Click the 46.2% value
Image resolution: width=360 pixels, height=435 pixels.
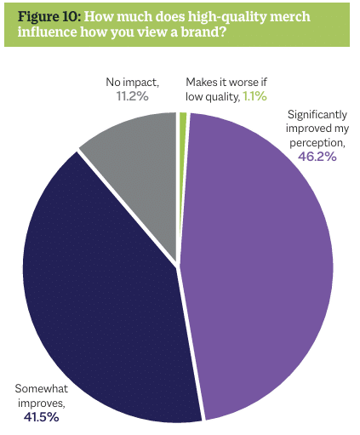pyautogui.click(x=317, y=157)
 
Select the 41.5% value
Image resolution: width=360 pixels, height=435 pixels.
pyautogui.click(x=42, y=417)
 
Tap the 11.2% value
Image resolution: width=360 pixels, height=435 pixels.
pyautogui.click(x=132, y=96)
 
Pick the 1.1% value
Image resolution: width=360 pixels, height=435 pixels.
pyautogui.click(x=255, y=96)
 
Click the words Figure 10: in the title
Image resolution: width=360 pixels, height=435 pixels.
pyautogui.click(x=49, y=17)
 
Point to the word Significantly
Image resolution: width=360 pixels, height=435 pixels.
pyautogui.click(x=317, y=115)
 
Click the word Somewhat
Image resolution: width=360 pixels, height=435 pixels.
pyautogui.click(x=42, y=388)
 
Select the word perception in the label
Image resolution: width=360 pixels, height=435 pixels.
pyautogui.click(x=317, y=143)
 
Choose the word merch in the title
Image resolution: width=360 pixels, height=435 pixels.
pyautogui.click(x=290, y=17)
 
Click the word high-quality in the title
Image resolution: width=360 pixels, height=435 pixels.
pyautogui.click(x=227, y=18)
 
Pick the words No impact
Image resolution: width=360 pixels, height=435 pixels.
pyautogui.click(x=132, y=83)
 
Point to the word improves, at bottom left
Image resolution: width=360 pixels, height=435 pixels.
pyautogui.click(x=42, y=403)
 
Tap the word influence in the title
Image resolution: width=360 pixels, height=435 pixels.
pyautogui.click(x=47, y=31)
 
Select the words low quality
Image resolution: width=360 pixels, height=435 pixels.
pyautogui.click(x=212, y=97)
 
